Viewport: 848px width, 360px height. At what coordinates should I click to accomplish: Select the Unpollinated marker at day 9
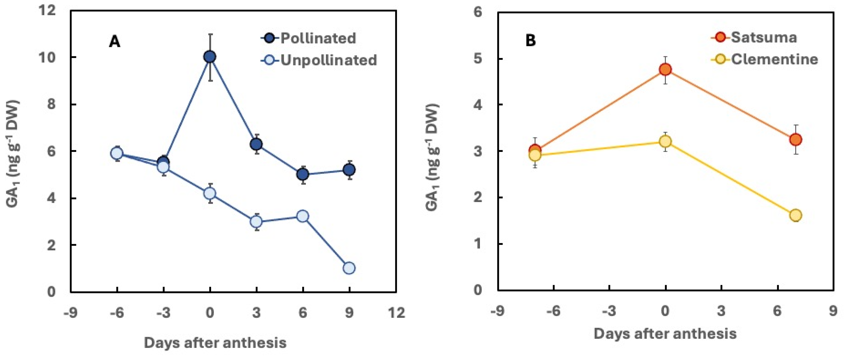(349, 268)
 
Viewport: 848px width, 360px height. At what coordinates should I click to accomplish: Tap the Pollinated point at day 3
(256, 144)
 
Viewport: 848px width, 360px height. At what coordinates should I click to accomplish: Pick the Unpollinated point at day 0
(210, 193)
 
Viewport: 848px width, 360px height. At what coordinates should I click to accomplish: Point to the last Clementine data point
(795, 215)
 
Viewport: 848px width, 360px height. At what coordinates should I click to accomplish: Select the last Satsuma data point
(795, 140)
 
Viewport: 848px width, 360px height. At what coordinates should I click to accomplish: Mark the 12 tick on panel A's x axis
(396, 312)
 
